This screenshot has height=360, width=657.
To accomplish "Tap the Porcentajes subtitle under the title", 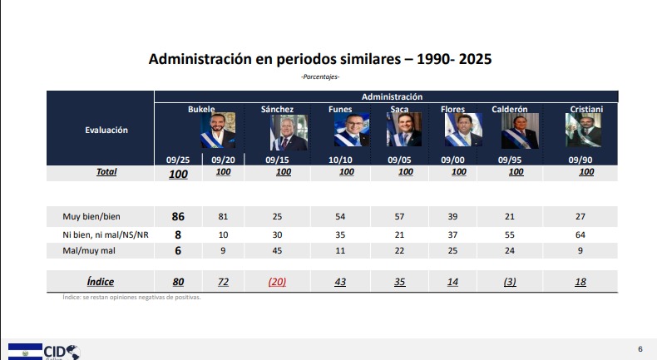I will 320,77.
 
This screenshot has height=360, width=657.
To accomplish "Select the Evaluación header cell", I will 106,129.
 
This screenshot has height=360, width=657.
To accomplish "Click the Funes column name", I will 341,109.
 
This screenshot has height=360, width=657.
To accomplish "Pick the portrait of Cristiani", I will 585,131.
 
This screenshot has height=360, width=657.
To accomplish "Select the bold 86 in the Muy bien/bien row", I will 177,216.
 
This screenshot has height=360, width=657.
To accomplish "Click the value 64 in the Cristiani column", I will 580,234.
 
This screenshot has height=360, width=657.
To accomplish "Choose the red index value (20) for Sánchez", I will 277,282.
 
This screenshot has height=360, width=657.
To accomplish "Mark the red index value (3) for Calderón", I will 510,282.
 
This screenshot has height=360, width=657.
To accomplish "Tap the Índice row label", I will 100,282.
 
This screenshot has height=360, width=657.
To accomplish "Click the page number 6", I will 639,348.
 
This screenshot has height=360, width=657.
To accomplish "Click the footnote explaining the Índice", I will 131,297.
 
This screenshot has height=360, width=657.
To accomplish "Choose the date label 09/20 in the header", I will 222,159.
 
